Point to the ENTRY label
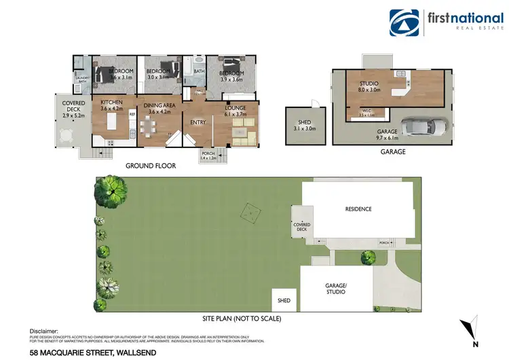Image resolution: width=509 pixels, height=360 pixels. [198, 122]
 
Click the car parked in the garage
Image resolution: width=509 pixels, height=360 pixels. [423, 126]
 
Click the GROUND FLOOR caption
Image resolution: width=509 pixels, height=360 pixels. [151, 166]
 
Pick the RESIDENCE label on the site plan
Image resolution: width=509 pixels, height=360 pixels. [358, 209]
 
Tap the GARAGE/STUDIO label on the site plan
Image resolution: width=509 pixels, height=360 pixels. [336, 289]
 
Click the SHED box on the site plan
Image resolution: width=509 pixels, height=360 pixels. [284, 299]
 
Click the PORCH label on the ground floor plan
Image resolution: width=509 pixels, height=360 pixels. [208, 156]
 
